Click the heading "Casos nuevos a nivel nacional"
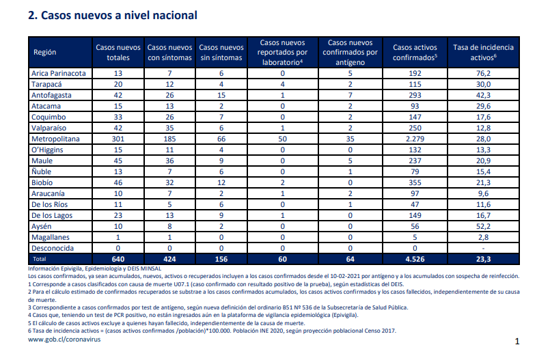(x=119, y=16)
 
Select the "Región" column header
(x=45, y=52)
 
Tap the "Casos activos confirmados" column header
(x=415, y=52)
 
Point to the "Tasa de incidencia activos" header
(x=483, y=52)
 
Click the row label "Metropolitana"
(x=55, y=139)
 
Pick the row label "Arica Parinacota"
(x=59, y=73)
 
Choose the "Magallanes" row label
(x=51, y=237)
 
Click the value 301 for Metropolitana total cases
(x=118, y=139)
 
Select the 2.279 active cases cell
(x=415, y=139)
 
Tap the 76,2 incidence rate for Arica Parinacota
(x=483, y=73)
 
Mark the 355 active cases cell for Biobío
(x=415, y=182)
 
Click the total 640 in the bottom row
(x=118, y=259)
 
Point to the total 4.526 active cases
(x=415, y=259)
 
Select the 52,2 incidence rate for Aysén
(x=483, y=226)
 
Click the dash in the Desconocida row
(x=483, y=249)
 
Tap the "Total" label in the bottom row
(x=40, y=259)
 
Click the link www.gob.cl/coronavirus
(x=64, y=340)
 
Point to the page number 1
(x=517, y=341)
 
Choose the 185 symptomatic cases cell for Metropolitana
(x=169, y=139)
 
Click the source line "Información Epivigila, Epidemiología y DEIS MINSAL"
(x=95, y=269)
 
